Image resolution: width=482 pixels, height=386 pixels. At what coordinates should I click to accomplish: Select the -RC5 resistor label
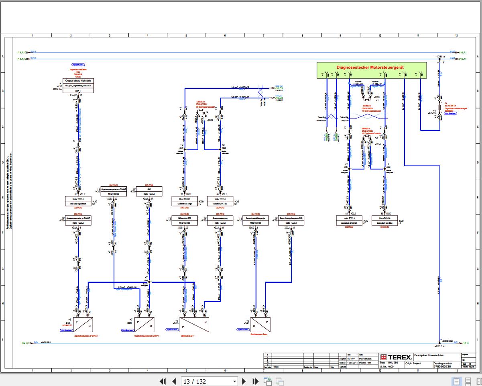coord(377,97)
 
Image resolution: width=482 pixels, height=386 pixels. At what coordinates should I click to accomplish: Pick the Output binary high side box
coord(78,80)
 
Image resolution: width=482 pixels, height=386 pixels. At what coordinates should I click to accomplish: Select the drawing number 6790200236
coord(442,366)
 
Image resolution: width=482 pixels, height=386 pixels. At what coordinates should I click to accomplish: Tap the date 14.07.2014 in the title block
coord(352,363)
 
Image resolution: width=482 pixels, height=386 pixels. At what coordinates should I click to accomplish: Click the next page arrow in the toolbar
coord(244,381)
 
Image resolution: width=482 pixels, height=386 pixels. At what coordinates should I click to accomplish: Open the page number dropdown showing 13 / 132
coord(235,381)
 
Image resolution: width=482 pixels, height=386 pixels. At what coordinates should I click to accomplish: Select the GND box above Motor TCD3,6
coord(149,189)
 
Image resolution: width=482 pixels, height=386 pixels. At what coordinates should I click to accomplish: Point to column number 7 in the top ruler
coord(263,35)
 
